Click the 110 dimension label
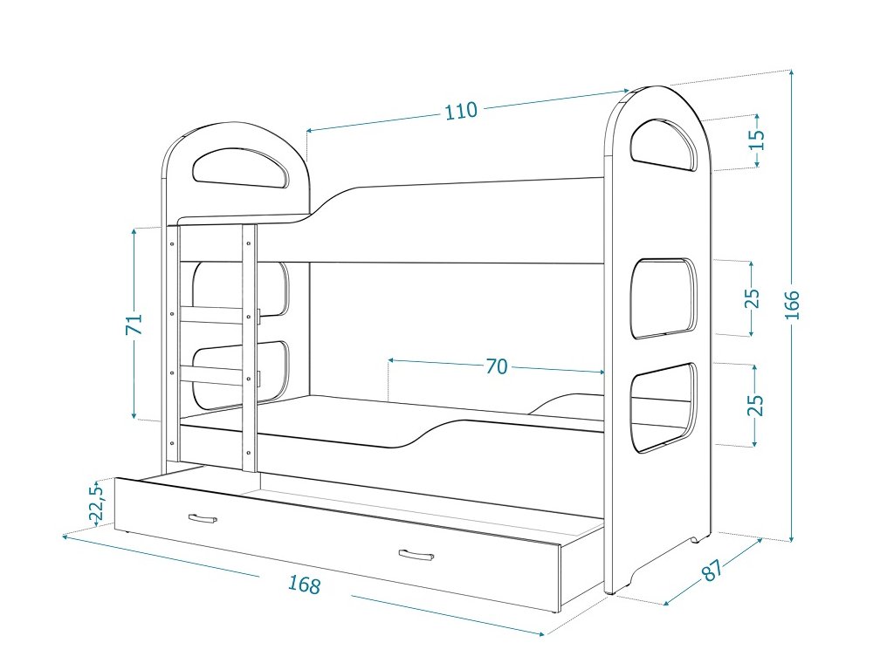coord(461,111)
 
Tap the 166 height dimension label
coord(791,304)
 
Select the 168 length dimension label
coord(304,585)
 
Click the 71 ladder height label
coord(134,325)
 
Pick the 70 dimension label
coord(496,367)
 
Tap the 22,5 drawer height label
coord(97,503)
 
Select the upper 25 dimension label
coord(753,298)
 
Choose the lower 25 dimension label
coord(756,405)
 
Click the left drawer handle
coord(202,519)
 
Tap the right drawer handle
coord(416,556)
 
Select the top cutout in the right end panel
coord(664,144)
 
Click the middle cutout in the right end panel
coord(663,297)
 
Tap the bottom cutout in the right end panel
coord(664,408)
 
